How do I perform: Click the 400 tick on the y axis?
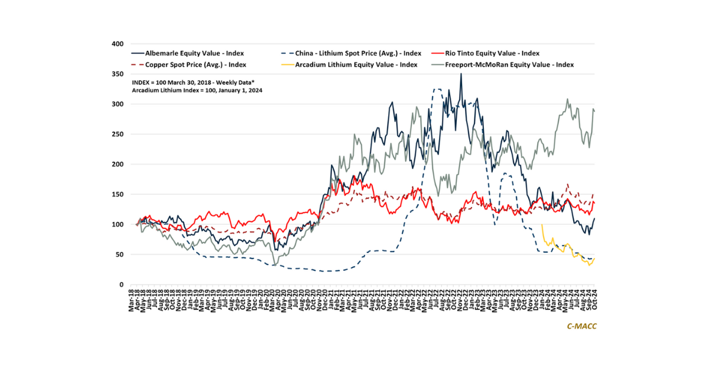pos(118,44)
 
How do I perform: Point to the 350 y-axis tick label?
pos(118,74)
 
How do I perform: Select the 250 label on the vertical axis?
pos(118,134)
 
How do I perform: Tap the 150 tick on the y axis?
pos(118,195)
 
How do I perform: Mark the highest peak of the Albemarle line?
pos(461,73)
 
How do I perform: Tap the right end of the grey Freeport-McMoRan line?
pos(595,111)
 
